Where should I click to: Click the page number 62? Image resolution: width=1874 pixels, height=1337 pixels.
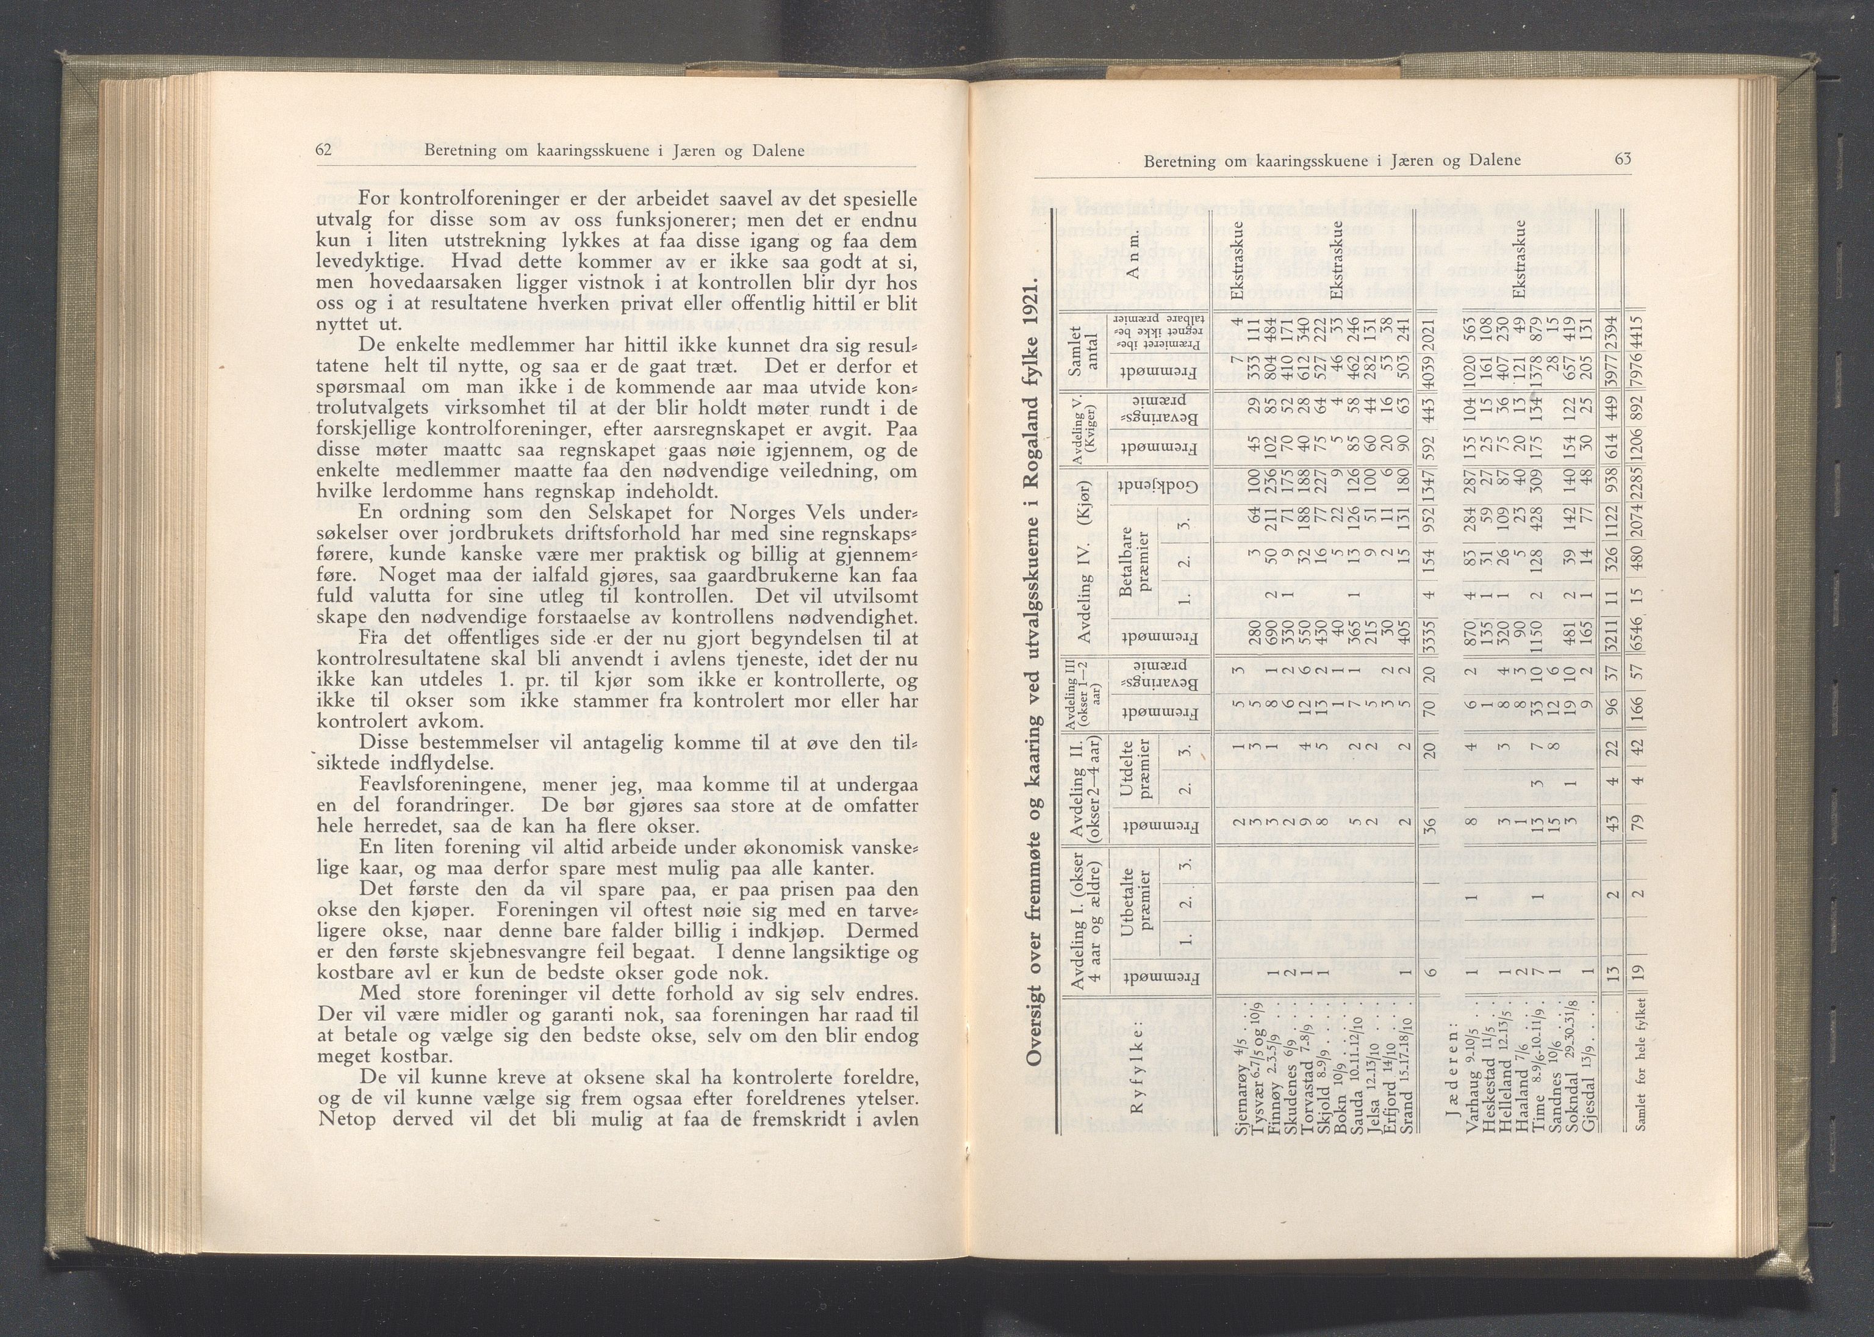323,150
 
